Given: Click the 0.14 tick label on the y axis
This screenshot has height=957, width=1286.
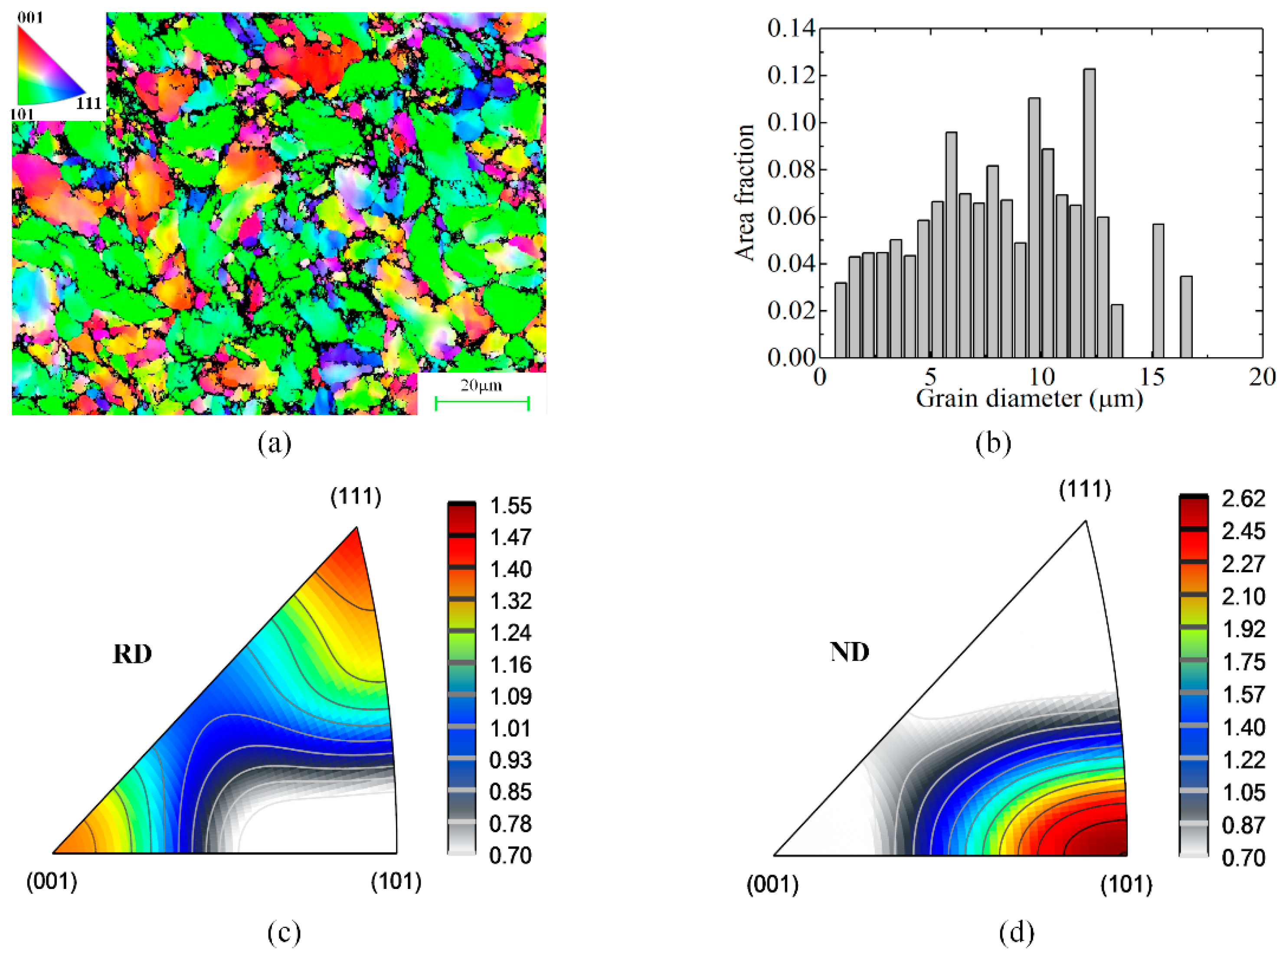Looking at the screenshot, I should tap(791, 28).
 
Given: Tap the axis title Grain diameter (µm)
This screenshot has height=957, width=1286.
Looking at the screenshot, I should tap(1029, 399).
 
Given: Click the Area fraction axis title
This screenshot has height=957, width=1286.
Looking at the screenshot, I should tap(745, 192).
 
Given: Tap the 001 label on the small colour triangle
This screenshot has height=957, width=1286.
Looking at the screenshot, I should tap(29, 18).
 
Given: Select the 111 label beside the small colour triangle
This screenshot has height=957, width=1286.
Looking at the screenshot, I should tap(88, 104).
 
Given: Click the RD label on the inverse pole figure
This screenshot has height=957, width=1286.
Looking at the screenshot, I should tap(132, 654).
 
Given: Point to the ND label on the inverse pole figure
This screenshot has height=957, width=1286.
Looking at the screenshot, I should tap(850, 652).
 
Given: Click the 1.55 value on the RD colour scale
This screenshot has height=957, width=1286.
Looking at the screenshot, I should tap(510, 506).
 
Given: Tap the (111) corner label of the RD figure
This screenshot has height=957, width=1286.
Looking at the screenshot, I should tap(356, 497).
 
